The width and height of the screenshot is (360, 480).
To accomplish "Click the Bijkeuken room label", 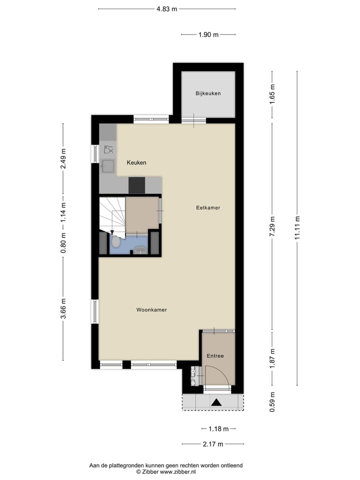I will click(208, 93).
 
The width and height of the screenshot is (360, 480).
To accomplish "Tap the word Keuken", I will click(136, 163).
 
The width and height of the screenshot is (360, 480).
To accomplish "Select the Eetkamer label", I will click(208, 207).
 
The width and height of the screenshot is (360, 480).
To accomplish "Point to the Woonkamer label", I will click(151, 310).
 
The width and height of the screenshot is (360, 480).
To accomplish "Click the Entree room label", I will click(215, 356).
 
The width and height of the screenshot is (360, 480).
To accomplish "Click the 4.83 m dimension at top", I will click(167, 8).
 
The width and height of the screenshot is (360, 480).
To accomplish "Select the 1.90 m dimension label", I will click(208, 34).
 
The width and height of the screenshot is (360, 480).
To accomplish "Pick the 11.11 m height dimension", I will click(297, 227).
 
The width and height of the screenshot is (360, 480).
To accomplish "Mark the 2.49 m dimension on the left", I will click(63, 159).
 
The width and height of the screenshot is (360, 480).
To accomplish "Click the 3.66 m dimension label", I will click(63, 308).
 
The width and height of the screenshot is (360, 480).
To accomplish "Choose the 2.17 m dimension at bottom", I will click(213, 443).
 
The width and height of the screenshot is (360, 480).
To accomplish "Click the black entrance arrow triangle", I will click(217, 401).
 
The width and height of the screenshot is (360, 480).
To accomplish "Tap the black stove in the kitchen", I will click(136, 185).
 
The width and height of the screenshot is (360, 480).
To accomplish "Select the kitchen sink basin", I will click(107, 166).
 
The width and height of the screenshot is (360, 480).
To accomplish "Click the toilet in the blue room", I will click(116, 242).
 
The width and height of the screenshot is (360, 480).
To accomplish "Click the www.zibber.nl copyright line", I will click(166, 471).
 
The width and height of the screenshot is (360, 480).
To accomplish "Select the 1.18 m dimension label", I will click(218, 429).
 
